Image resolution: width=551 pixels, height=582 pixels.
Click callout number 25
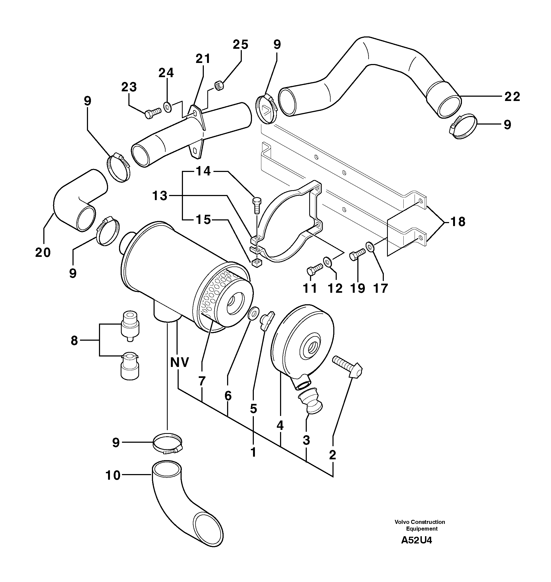[240, 45]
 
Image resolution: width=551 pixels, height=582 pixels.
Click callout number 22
[512, 96]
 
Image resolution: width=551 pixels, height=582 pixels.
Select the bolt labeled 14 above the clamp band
[257, 205]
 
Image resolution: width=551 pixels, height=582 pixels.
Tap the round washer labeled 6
[254, 313]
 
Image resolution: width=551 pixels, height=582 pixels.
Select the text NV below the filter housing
[180, 362]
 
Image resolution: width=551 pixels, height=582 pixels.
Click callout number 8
[74, 341]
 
